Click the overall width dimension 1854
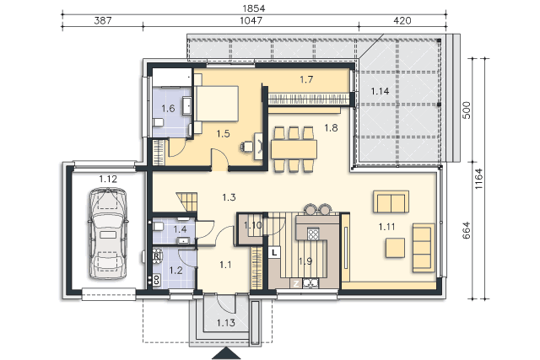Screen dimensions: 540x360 coord(254,8)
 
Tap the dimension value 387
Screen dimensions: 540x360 coord(103,20)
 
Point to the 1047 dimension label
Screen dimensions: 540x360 coord(251,20)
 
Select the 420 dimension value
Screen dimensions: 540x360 coord(402,20)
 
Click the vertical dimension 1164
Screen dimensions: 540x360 coord(478,178)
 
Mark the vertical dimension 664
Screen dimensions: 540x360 coord(466,230)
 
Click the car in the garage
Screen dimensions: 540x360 coord(108,233)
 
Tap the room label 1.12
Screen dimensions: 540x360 coord(108,179)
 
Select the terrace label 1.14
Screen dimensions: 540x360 coord(380,91)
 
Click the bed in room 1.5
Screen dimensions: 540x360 coord(216,103)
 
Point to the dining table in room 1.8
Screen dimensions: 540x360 coord(294,149)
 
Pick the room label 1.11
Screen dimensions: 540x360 coord(386,227)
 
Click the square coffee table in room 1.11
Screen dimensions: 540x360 coord(395,248)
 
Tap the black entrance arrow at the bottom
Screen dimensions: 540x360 coord(226,353)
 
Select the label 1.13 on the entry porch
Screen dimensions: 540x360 coord(226,323)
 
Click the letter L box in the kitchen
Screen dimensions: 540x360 coord(274,252)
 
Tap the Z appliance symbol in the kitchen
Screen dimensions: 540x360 coord(295,283)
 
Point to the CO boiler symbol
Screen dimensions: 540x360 coord(156,279)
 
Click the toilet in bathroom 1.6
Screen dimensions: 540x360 coord(159,122)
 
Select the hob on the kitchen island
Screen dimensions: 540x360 coord(313,234)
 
